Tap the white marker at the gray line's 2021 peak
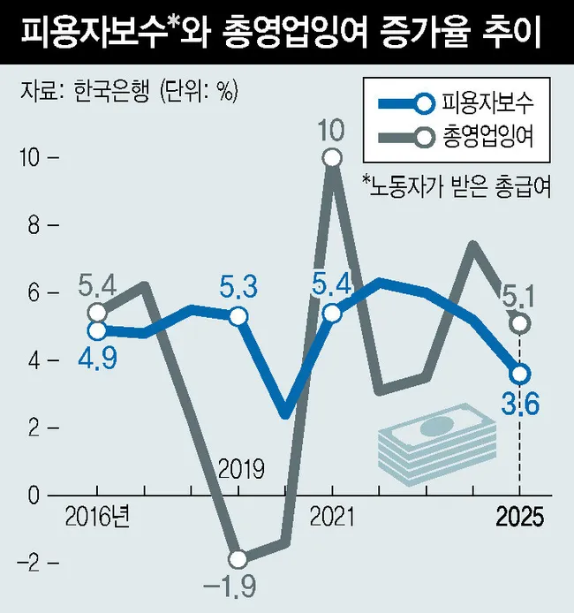click(x=332, y=158)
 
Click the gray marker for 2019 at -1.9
click(x=238, y=558)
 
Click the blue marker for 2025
click(x=519, y=373)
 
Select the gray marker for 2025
click(x=519, y=323)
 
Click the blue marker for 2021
click(x=332, y=313)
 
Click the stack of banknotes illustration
click(x=430, y=443)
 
